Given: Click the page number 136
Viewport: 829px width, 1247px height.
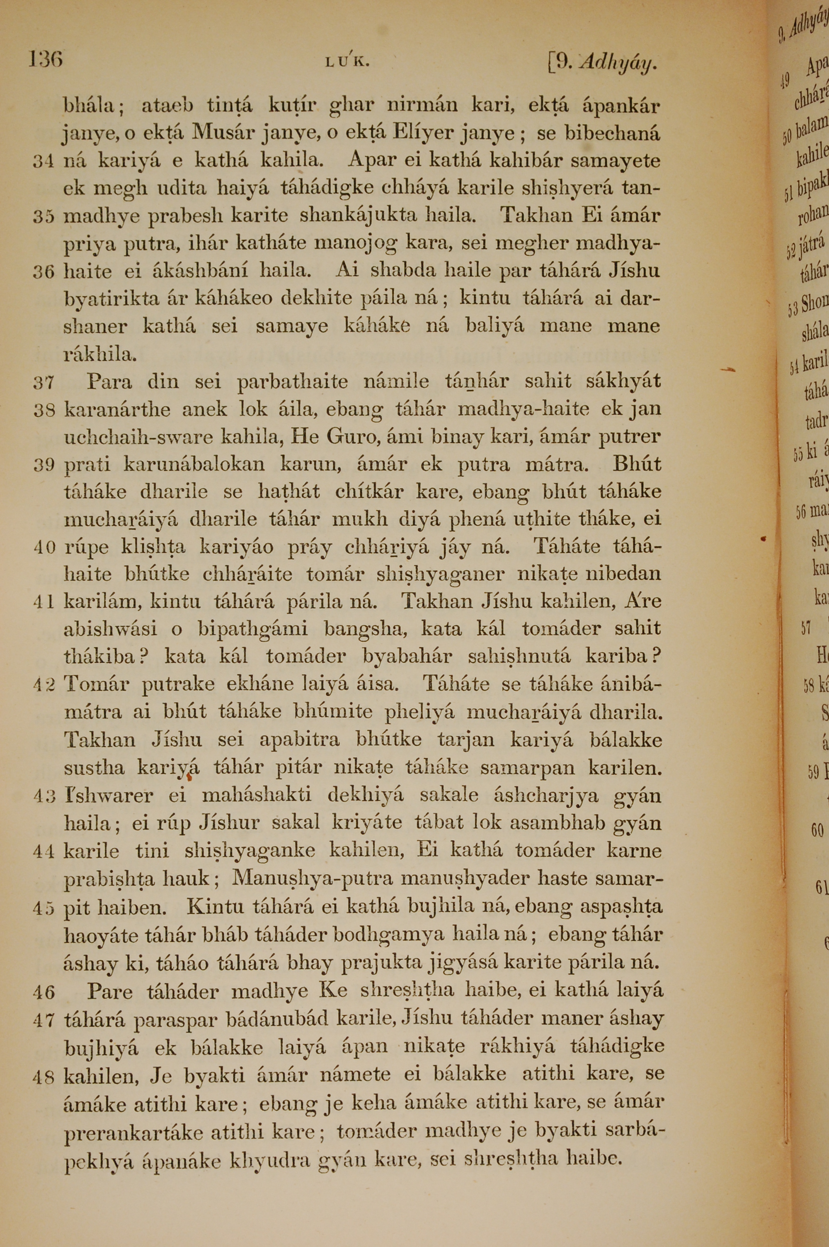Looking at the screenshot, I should [x=46, y=59].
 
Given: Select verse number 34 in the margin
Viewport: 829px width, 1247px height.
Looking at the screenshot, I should [x=44, y=161].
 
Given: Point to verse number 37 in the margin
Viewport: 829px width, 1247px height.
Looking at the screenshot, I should [x=44, y=382].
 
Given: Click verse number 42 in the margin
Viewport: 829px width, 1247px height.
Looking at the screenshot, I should [x=44, y=684].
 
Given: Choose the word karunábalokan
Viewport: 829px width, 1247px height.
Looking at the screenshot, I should [x=194, y=465].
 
